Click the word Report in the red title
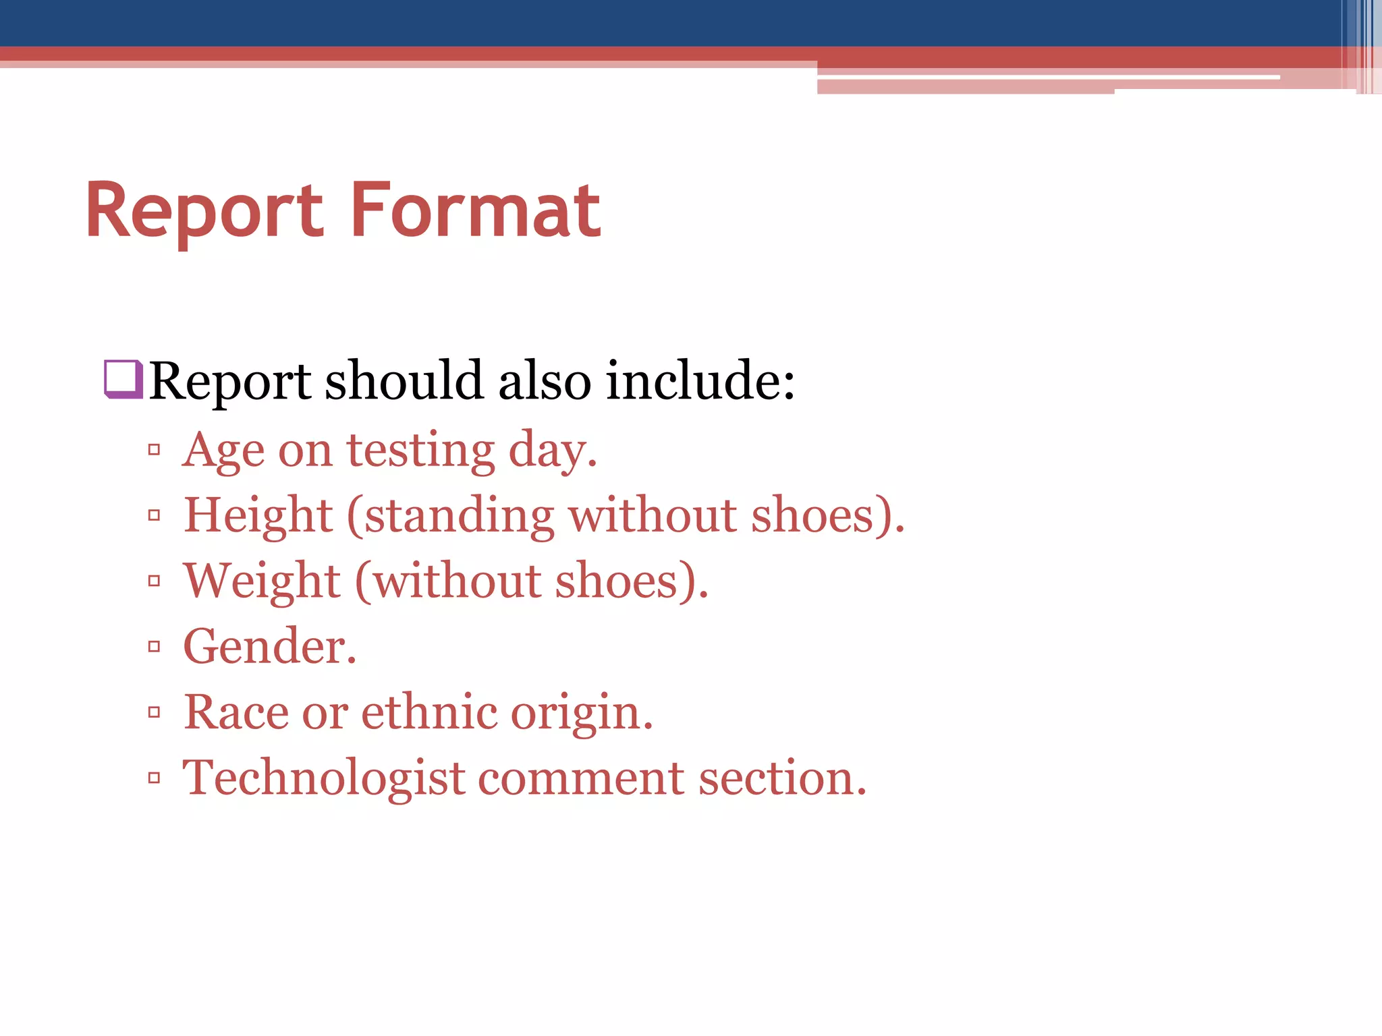coord(204,212)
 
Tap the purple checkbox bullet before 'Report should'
coord(123,379)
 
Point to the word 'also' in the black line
coord(545,381)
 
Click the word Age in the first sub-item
coord(223,451)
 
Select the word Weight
coord(262,581)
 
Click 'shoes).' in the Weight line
coord(632,581)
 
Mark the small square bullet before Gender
coord(155,647)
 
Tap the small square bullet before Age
coord(155,450)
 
